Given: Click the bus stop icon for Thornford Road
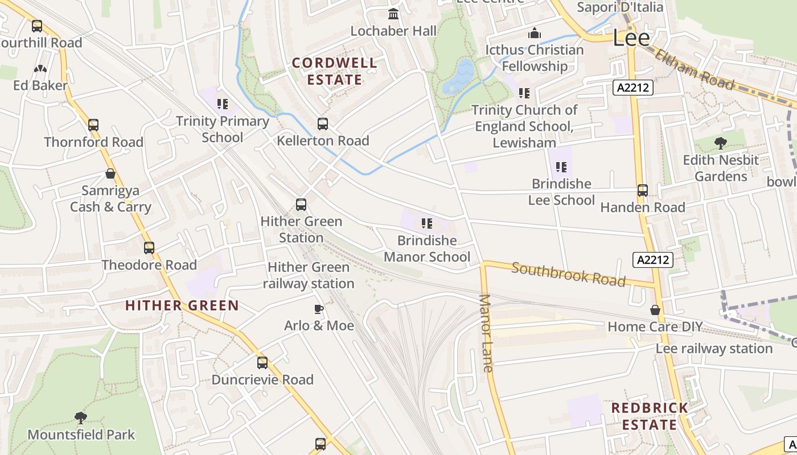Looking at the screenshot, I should [93, 125].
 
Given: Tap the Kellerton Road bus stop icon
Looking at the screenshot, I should [323, 124].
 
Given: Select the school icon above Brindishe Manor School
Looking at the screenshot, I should [426, 224].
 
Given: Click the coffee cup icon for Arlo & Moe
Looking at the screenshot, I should [319, 309].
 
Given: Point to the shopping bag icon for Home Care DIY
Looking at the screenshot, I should [655, 310].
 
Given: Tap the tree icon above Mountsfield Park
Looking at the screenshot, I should [81, 418].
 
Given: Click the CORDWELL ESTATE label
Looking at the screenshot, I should [334, 71].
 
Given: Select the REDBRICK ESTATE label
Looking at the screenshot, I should [650, 416].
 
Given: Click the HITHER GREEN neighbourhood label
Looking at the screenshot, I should [182, 305].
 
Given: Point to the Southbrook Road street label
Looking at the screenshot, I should [568, 274].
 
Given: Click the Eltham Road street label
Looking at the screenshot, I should [694, 70].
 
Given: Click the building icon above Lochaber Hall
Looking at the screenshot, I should [393, 14].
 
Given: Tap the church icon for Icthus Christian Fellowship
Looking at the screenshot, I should [534, 33].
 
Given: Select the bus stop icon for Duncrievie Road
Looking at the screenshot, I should [262, 363].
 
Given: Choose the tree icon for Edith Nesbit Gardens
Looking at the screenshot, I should [721, 143].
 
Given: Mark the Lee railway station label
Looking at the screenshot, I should [714, 348].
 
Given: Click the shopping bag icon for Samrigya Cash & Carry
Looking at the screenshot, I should [110, 173].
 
